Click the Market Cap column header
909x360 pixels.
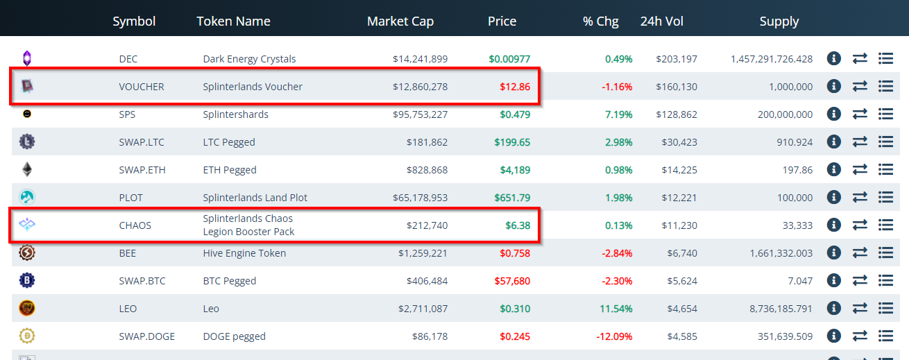(400, 21)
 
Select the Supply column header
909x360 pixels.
(779, 21)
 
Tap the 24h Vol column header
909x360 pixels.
(661, 21)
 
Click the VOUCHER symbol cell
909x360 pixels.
(142, 87)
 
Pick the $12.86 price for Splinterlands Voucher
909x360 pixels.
(515, 87)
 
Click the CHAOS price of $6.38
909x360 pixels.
(518, 225)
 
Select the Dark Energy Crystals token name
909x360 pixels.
(249, 59)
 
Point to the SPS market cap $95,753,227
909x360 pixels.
(420, 114)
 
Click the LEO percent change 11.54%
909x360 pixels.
(615, 309)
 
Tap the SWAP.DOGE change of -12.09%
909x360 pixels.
(614, 336)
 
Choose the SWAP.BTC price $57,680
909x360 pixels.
(512, 281)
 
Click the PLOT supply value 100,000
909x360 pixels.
(795, 198)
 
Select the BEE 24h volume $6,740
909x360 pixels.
(681, 253)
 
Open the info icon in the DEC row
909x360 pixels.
(833, 58)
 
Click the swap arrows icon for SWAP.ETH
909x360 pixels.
(860, 169)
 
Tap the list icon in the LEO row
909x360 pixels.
(885, 308)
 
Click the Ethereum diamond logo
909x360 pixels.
(27, 169)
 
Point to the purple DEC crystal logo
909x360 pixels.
(27, 58)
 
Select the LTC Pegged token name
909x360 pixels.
(229, 142)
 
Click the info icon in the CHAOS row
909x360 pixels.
(833, 225)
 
